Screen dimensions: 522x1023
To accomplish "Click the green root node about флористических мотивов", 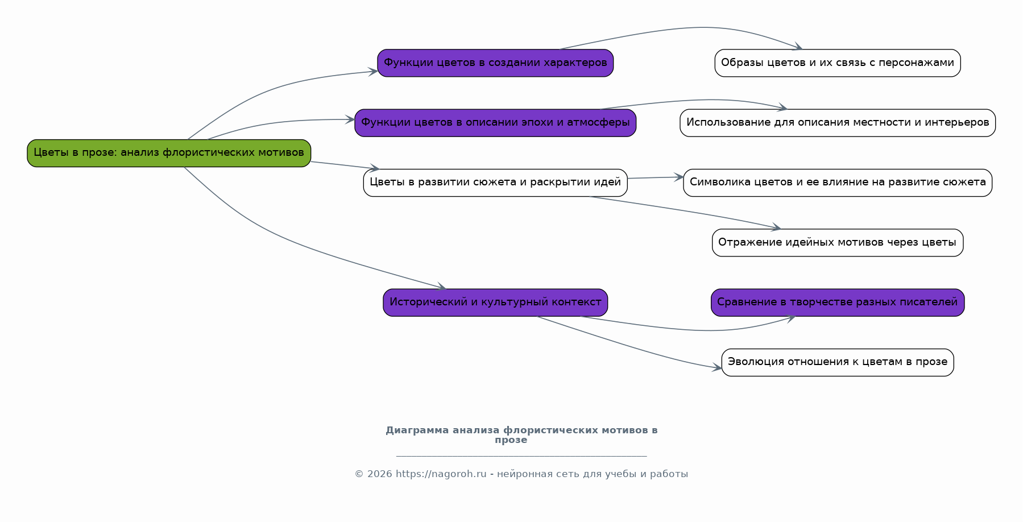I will point(169,153).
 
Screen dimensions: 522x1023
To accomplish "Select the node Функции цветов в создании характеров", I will point(495,63).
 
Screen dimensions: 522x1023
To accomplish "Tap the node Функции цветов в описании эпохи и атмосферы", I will point(495,123).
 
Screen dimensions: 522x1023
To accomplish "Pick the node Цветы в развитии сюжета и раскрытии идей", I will point(495,183).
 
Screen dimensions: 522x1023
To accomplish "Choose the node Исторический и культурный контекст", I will point(495,303).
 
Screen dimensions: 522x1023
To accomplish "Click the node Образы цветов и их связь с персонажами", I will point(837,63).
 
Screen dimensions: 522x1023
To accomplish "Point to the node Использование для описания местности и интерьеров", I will point(837,123).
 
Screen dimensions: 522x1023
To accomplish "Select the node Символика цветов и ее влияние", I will point(837,183).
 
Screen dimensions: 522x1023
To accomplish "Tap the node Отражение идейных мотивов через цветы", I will point(837,243).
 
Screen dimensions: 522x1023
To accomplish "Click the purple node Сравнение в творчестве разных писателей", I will point(837,303).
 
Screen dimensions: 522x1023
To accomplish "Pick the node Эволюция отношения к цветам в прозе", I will point(837,362).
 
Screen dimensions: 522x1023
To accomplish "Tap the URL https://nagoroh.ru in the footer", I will point(441,474).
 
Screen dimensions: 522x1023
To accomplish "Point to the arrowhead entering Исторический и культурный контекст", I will point(442,287).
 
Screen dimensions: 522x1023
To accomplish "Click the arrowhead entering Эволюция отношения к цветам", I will point(717,368).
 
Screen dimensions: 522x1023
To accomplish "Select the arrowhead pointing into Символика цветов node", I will point(679,177).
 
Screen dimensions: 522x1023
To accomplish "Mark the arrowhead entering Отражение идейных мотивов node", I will point(776,227).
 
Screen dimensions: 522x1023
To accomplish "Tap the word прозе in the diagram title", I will point(511,440).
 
